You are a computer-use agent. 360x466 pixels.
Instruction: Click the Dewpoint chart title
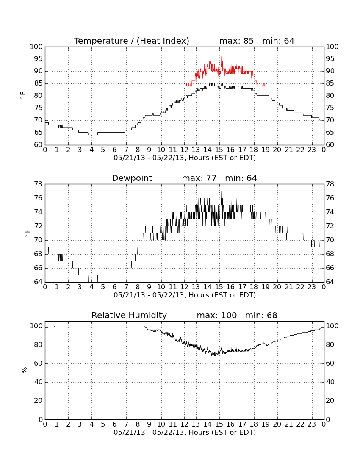(x=132, y=178)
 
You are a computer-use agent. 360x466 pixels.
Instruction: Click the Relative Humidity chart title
(x=129, y=315)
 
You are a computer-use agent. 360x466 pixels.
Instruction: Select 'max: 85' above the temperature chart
(x=236, y=41)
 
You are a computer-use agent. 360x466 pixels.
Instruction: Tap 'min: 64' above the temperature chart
(x=278, y=41)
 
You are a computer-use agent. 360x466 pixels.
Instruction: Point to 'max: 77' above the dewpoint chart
(x=199, y=178)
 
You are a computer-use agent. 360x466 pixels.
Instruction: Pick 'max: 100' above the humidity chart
(x=216, y=315)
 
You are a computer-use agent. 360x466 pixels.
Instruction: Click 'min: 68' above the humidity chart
(x=261, y=315)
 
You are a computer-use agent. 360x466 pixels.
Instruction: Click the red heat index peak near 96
(x=221, y=57)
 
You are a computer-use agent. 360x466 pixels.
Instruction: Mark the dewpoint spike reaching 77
(x=221, y=191)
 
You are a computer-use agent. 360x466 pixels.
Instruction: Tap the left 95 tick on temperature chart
(x=39, y=59)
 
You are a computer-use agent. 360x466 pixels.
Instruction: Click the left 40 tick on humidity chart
(x=39, y=382)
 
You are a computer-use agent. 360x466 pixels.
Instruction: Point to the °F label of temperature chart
(x=23, y=96)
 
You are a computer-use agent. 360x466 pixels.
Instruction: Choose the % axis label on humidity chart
(x=24, y=370)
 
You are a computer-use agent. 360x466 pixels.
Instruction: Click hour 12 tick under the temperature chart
(x=184, y=150)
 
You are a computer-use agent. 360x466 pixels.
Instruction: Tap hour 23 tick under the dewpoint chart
(x=312, y=287)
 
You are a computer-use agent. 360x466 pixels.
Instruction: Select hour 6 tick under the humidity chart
(x=115, y=424)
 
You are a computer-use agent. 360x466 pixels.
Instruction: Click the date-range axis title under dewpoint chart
(x=185, y=295)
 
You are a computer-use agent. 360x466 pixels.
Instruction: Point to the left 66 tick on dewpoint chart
(x=39, y=268)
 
